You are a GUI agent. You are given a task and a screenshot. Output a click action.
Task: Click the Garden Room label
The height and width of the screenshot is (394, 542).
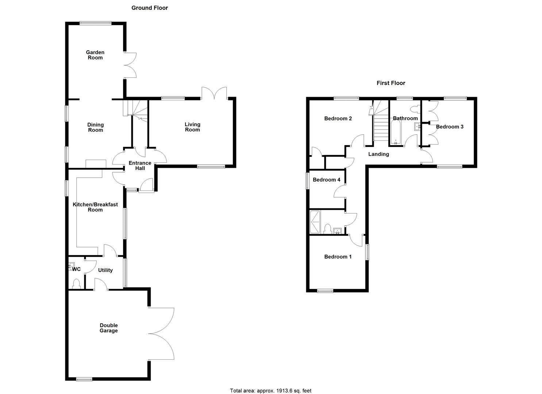(95, 55)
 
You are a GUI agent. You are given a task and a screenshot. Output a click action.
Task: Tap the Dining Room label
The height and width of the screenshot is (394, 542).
(95, 127)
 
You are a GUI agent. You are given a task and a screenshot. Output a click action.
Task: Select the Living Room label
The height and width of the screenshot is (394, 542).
(192, 127)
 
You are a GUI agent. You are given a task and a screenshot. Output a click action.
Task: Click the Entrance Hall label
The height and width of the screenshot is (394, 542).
(140, 166)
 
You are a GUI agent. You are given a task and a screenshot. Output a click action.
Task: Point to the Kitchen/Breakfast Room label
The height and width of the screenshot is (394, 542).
(95, 207)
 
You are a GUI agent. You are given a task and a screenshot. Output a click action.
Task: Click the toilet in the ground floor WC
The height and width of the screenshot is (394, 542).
(76, 283)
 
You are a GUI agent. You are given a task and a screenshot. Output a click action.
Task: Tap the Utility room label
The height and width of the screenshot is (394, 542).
(105, 270)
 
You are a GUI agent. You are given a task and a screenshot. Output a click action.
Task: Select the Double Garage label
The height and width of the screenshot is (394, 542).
(109, 328)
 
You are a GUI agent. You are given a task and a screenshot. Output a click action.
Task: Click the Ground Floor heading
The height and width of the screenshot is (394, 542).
(150, 8)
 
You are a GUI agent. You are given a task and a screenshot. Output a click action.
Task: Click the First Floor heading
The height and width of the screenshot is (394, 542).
(391, 83)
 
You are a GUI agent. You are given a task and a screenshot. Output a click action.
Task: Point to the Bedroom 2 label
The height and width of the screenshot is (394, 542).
(338, 119)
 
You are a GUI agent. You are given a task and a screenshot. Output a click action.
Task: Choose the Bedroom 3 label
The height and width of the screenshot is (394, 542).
(450, 127)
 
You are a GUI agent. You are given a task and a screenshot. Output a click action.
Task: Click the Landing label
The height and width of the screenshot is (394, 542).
(378, 154)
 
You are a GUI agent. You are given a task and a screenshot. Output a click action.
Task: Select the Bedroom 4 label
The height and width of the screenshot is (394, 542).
(326, 180)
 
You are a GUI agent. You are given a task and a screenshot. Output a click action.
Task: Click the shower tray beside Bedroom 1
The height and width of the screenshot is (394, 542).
(314, 222)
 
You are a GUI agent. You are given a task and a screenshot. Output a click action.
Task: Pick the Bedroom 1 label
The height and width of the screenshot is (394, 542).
(338, 257)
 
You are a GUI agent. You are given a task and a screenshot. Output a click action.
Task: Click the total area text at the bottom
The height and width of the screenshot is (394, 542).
(270, 391)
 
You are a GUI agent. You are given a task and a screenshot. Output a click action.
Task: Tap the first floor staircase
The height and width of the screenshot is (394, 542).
(381, 128)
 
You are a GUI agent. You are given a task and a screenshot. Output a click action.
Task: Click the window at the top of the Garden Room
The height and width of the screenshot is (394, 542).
(96, 23)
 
